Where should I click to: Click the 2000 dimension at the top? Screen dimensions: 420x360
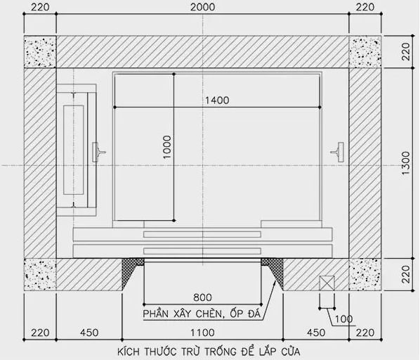click(202, 7)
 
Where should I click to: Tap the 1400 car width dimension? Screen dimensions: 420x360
click(217, 101)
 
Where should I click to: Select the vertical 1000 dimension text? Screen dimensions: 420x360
click(167, 147)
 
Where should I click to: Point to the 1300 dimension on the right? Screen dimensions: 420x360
click(406, 163)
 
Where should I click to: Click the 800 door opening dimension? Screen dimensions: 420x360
click(202, 297)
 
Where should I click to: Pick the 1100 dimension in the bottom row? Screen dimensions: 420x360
click(202, 333)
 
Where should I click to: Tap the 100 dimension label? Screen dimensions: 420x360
click(343, 319)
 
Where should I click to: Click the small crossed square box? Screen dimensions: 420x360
click(327, 283)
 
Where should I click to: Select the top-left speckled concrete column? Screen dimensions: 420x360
click(40, 51)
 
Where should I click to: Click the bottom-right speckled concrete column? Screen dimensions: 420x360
click(365, 274)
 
